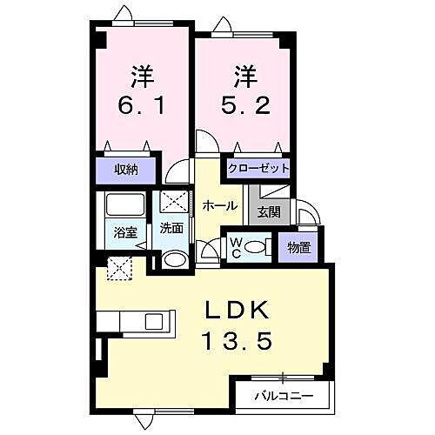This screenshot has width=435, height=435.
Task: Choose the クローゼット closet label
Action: click(258, 169)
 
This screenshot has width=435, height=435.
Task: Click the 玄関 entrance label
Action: click(268, 211)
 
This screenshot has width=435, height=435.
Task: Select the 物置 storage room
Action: click(298, 248)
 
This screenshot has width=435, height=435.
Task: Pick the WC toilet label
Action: click(235, 247)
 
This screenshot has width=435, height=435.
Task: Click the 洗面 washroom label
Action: click(171, 229)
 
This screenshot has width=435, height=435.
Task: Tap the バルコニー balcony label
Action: click(283, 397)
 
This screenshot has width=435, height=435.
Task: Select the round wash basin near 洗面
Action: click(173, 259)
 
